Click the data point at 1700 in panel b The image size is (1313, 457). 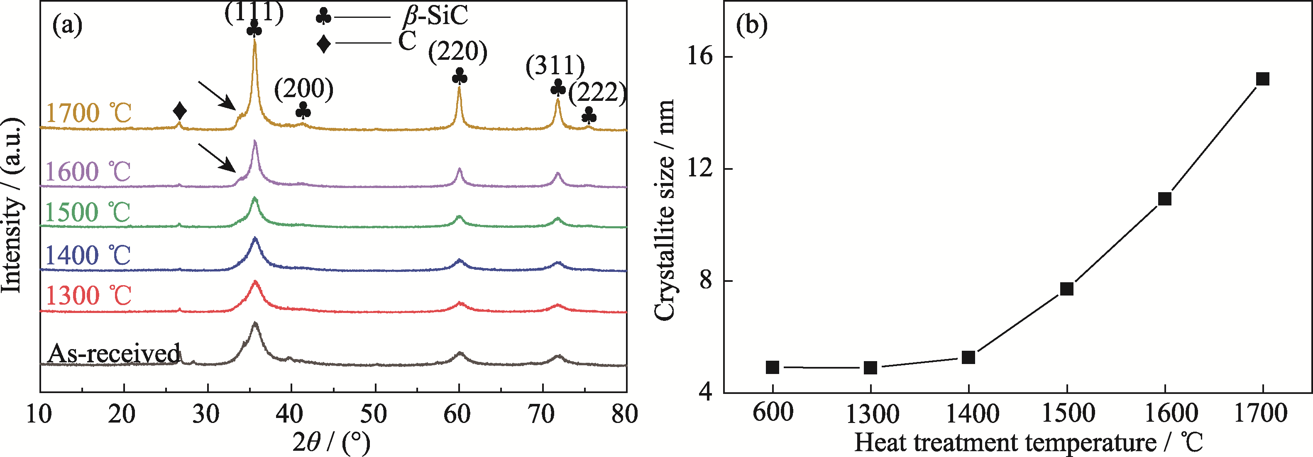tap(1262, 79)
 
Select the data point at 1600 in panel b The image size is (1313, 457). tap(1165, 199)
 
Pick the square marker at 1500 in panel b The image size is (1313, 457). tap(1067, 289)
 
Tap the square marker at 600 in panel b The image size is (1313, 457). tap(773, 367)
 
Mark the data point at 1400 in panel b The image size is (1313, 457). tap(968, 357)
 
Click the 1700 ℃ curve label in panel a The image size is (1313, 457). tap(89, 113)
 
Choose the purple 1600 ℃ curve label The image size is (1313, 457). tap(88, 172)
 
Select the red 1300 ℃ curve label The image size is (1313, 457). tap(89, 296)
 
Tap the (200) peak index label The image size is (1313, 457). tap(304, 89)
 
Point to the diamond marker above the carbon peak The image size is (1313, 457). tap(179, 111)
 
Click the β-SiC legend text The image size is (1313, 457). tap(435, 15)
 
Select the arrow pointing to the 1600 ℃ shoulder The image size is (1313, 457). tap(217, 157)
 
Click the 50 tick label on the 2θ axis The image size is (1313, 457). tap(374, 414)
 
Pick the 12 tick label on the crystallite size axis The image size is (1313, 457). tap(700, 168)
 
